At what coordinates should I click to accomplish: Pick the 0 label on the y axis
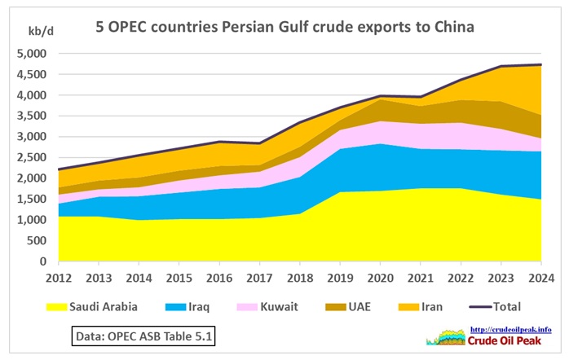coord(42,262)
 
